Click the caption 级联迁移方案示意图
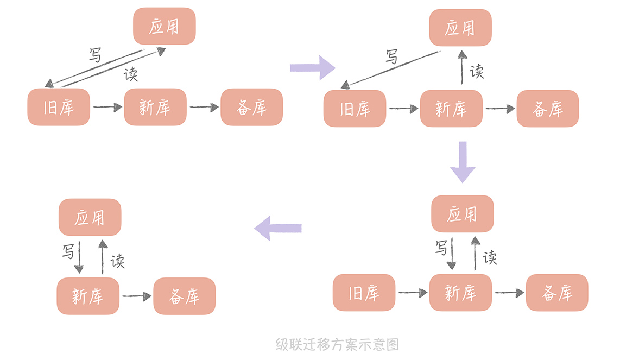point(337,344)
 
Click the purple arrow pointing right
point(313,67)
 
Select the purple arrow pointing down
point(463,161)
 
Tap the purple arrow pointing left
point(278,228)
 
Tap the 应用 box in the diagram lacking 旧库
point(90,217)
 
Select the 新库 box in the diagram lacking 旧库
point(88,296)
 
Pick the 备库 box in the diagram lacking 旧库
point(184,296)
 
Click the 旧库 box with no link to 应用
point(364,293)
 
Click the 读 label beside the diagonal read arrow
point(130,74)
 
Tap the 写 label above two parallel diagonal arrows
point(95,55)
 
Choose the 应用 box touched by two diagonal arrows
point(164,26)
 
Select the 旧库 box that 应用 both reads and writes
point(59,107)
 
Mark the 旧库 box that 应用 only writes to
point(355,109)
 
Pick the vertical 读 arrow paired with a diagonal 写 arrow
point(462,68)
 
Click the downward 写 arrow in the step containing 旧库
point(451,253)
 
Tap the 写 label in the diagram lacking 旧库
point(68,251)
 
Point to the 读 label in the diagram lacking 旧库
point(117,261)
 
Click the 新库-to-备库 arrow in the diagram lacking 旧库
point(136,296)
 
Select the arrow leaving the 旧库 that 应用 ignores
point(413,293)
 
